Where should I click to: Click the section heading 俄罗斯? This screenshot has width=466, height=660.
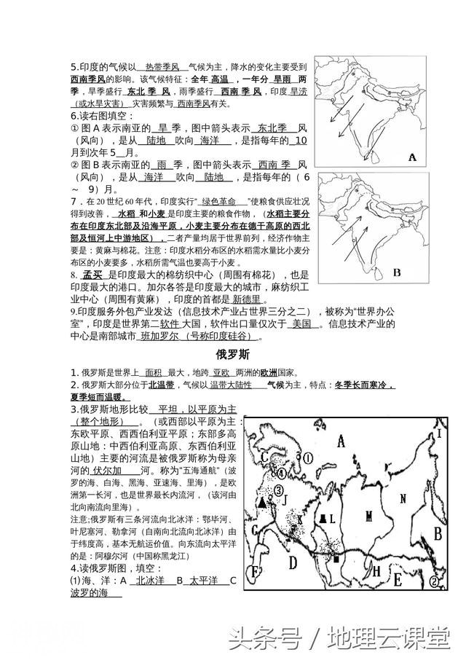click(233, 356)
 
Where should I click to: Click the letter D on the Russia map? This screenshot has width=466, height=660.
click(293, 562)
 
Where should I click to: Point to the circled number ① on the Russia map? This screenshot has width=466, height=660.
click(308, 458)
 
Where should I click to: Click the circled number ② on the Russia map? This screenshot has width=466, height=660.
click(435, 581)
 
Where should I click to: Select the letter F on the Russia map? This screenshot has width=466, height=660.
click(255, 573)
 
